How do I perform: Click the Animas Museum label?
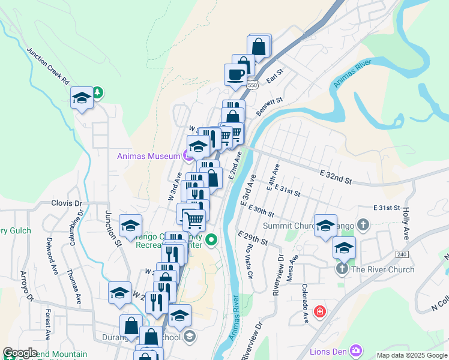click(x=148, y=157)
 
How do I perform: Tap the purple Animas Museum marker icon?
click(x=187, y=157)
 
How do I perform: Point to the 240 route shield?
click(x=402, y=254)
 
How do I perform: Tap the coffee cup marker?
click(x=235, y=74)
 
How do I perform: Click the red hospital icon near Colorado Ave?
click(x=320, y=311)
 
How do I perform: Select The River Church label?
click(x=382, y=269)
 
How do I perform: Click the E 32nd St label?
click(x=335, y=176)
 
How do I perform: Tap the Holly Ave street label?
click(x=406, y=223)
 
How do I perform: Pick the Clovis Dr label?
click(x=66, y=203)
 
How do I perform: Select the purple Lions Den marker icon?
click(x=356, y=350)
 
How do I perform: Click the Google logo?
click(x=20, y=353)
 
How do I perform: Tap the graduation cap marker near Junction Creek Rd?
click(x=81, y=98)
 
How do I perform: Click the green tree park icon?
click(x=97, y=92)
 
